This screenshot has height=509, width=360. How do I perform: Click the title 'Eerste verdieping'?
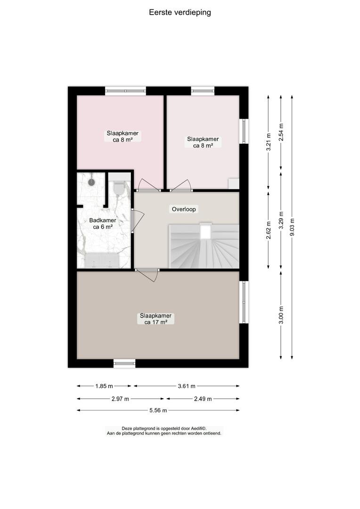click(x=180, y=13)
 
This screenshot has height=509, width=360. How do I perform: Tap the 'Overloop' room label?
click(x=184, y=209)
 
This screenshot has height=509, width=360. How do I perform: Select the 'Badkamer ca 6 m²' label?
click(x=103, y=224)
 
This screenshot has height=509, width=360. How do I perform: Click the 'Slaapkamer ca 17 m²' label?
click(x=156, y=319)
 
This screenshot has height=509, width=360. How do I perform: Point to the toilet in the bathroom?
click(x=119, y=188)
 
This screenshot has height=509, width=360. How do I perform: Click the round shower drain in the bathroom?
click(x=91, y=182)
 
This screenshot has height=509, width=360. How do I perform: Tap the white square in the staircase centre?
click(x=205, y=232)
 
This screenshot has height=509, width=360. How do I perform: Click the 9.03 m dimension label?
click(x=292, y=227)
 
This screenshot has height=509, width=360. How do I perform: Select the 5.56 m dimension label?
click(x=158, y=410)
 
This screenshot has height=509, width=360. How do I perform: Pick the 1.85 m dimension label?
click(x=104, y=386)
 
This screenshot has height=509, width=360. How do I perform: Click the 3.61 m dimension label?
click(x=187, y=386)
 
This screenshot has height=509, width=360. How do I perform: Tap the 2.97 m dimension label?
click(x=120, y=399)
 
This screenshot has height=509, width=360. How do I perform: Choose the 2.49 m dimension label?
click(x=203, y=399)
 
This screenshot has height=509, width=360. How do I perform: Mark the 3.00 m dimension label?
click(x=281, y=315)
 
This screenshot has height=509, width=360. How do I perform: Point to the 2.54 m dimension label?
click(x=281, y=132)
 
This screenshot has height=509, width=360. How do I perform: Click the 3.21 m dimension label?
click(x=269, y=142)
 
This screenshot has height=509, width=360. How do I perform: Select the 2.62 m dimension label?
click(x=269, y=230)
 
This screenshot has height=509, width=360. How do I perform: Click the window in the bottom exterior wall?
click(x=124, y=363)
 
